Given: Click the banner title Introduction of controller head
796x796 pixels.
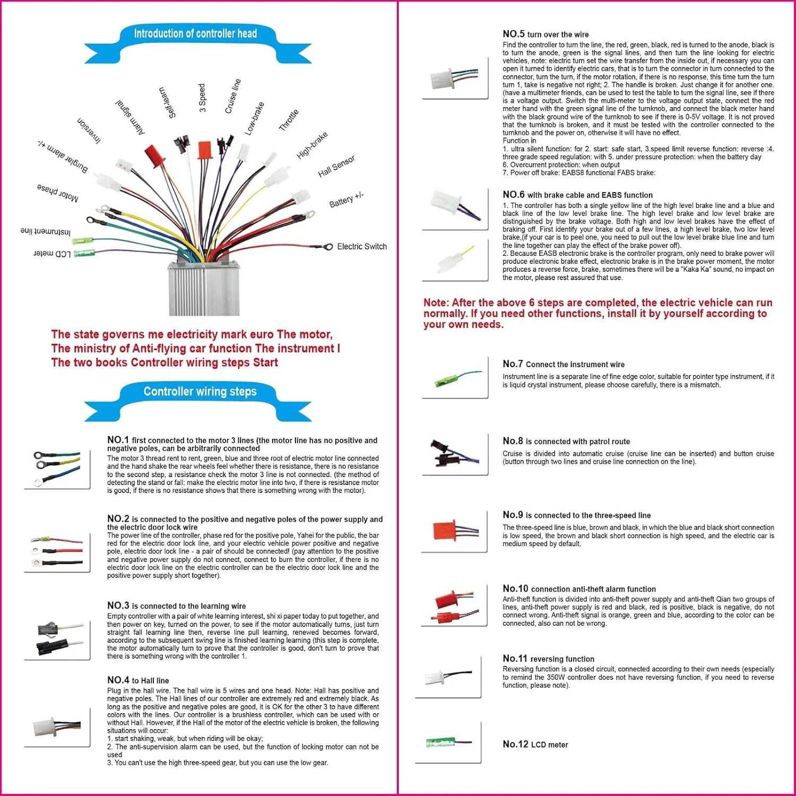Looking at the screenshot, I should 195,34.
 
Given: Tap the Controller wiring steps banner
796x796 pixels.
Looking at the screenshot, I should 200,392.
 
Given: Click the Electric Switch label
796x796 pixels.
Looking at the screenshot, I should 362,246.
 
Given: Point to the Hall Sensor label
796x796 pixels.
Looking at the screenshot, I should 336,167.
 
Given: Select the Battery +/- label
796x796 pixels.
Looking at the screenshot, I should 346,200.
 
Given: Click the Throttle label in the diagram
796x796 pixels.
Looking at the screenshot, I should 289,120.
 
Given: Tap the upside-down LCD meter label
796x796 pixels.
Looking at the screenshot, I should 52,254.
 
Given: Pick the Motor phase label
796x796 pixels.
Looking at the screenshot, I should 57,193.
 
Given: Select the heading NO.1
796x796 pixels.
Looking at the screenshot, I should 118,440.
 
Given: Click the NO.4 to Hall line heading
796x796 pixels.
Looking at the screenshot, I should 138,680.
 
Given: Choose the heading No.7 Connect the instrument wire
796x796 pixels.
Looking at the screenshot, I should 564,364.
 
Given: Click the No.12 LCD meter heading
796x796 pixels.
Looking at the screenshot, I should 535,745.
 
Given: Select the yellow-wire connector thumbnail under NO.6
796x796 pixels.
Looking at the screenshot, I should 455,259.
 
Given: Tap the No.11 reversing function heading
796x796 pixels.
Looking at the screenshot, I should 548,659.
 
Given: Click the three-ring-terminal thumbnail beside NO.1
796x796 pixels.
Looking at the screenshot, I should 57,468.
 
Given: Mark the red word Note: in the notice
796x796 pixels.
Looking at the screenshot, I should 436,303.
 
